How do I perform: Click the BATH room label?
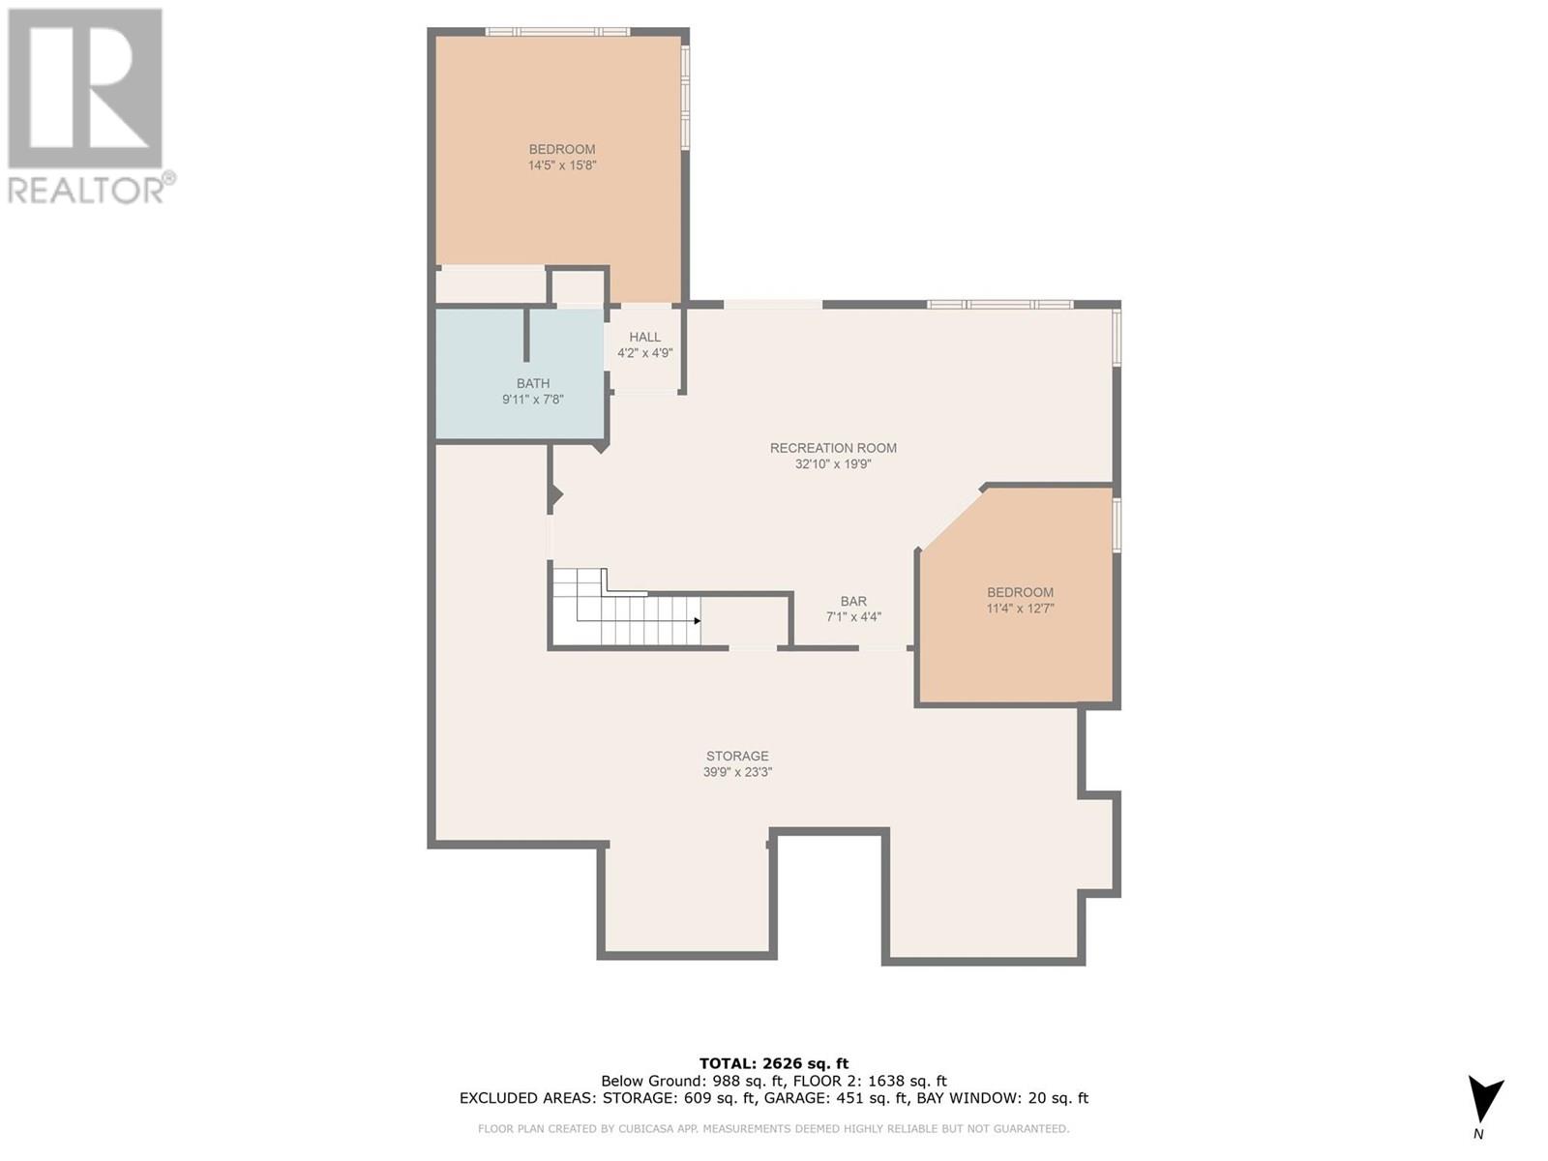(532, 384)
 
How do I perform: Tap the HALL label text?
(644, 337)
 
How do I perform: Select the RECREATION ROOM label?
(833, 448)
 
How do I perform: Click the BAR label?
(853, 601)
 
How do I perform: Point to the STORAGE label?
(737, 756)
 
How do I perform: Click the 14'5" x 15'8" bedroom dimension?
(562, 165)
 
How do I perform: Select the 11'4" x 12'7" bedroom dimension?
(1020, 609)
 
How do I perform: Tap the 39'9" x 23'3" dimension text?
(737, 772)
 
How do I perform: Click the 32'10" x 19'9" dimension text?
(833, 464)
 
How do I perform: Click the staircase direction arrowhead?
(697, 621)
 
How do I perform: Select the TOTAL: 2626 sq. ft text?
(773, 1063)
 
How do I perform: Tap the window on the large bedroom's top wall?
(557, 32)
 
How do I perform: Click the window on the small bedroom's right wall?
(1116, 524)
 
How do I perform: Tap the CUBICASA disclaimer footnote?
(773, 1128)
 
